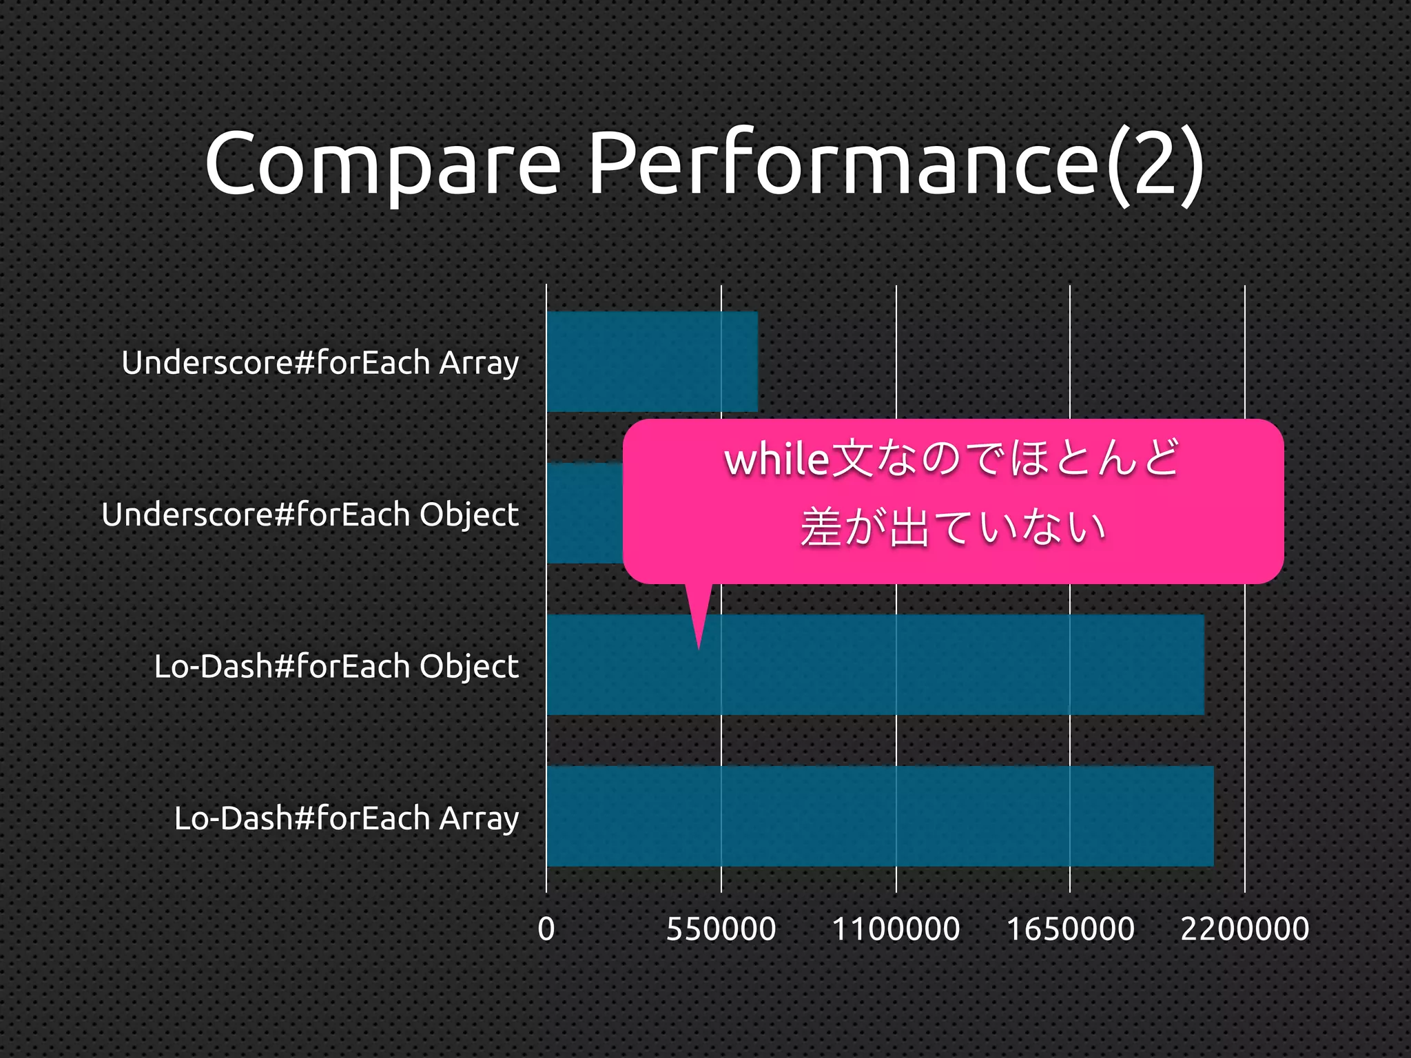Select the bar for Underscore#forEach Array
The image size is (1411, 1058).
click(652, 362)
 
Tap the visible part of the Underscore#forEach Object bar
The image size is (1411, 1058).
click(585, 514)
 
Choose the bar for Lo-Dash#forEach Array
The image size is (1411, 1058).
click(880, 816)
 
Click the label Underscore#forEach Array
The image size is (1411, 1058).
click(320, 363)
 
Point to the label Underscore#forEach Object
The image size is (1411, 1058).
click(310, 515)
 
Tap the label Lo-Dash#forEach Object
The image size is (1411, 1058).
click(336, 666)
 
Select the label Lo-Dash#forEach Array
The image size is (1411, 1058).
click(347, 818)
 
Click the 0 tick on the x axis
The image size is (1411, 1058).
click(546, 929)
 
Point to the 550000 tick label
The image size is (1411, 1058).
click(721, 929)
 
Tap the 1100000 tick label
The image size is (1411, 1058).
click(896, 929)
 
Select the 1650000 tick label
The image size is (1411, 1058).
click(1071, 929)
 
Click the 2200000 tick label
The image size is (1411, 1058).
click(1245, 929)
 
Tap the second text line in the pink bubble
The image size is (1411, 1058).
click(953, 528)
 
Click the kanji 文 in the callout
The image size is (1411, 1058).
click(852, 459)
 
